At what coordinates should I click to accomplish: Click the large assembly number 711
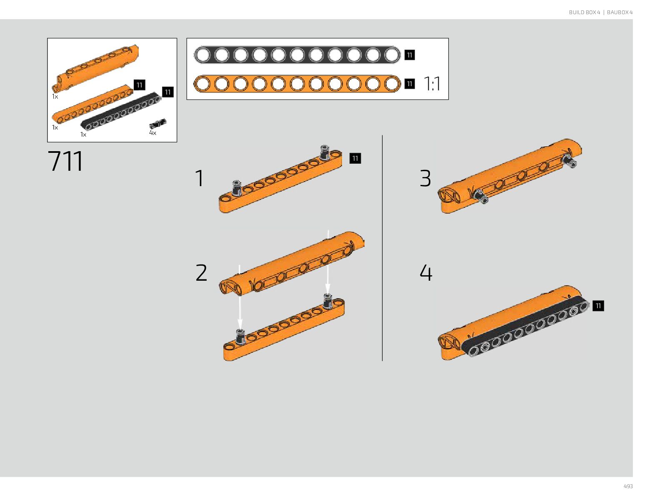coord(65,161)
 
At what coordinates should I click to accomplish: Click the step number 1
coord(200,178)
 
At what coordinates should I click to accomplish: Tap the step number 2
coord(201,273)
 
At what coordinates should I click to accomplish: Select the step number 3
coord(425,178)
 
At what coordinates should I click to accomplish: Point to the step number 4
coord(426,273)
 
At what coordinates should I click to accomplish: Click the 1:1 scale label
coord(432,84)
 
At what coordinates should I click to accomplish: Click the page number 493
coord(628,486)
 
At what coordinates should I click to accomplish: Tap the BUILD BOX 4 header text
coord(584,12)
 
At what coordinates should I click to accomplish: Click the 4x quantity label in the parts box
coord(152,133)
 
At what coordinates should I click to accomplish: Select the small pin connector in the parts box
coord(157,123)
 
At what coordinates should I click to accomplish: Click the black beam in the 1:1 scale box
coord(297,55)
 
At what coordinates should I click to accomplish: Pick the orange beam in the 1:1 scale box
coord(297,84)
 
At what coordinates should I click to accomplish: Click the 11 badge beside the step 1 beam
coord(355,158)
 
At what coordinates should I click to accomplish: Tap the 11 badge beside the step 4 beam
coord(598,306)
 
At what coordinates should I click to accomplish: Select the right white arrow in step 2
coord(328,262)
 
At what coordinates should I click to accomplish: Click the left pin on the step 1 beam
coord(237,188)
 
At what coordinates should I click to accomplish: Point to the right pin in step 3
coord(569,160)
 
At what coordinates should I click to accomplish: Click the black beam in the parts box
coord(121,111)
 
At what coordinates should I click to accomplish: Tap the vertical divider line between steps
coord(382,248)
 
